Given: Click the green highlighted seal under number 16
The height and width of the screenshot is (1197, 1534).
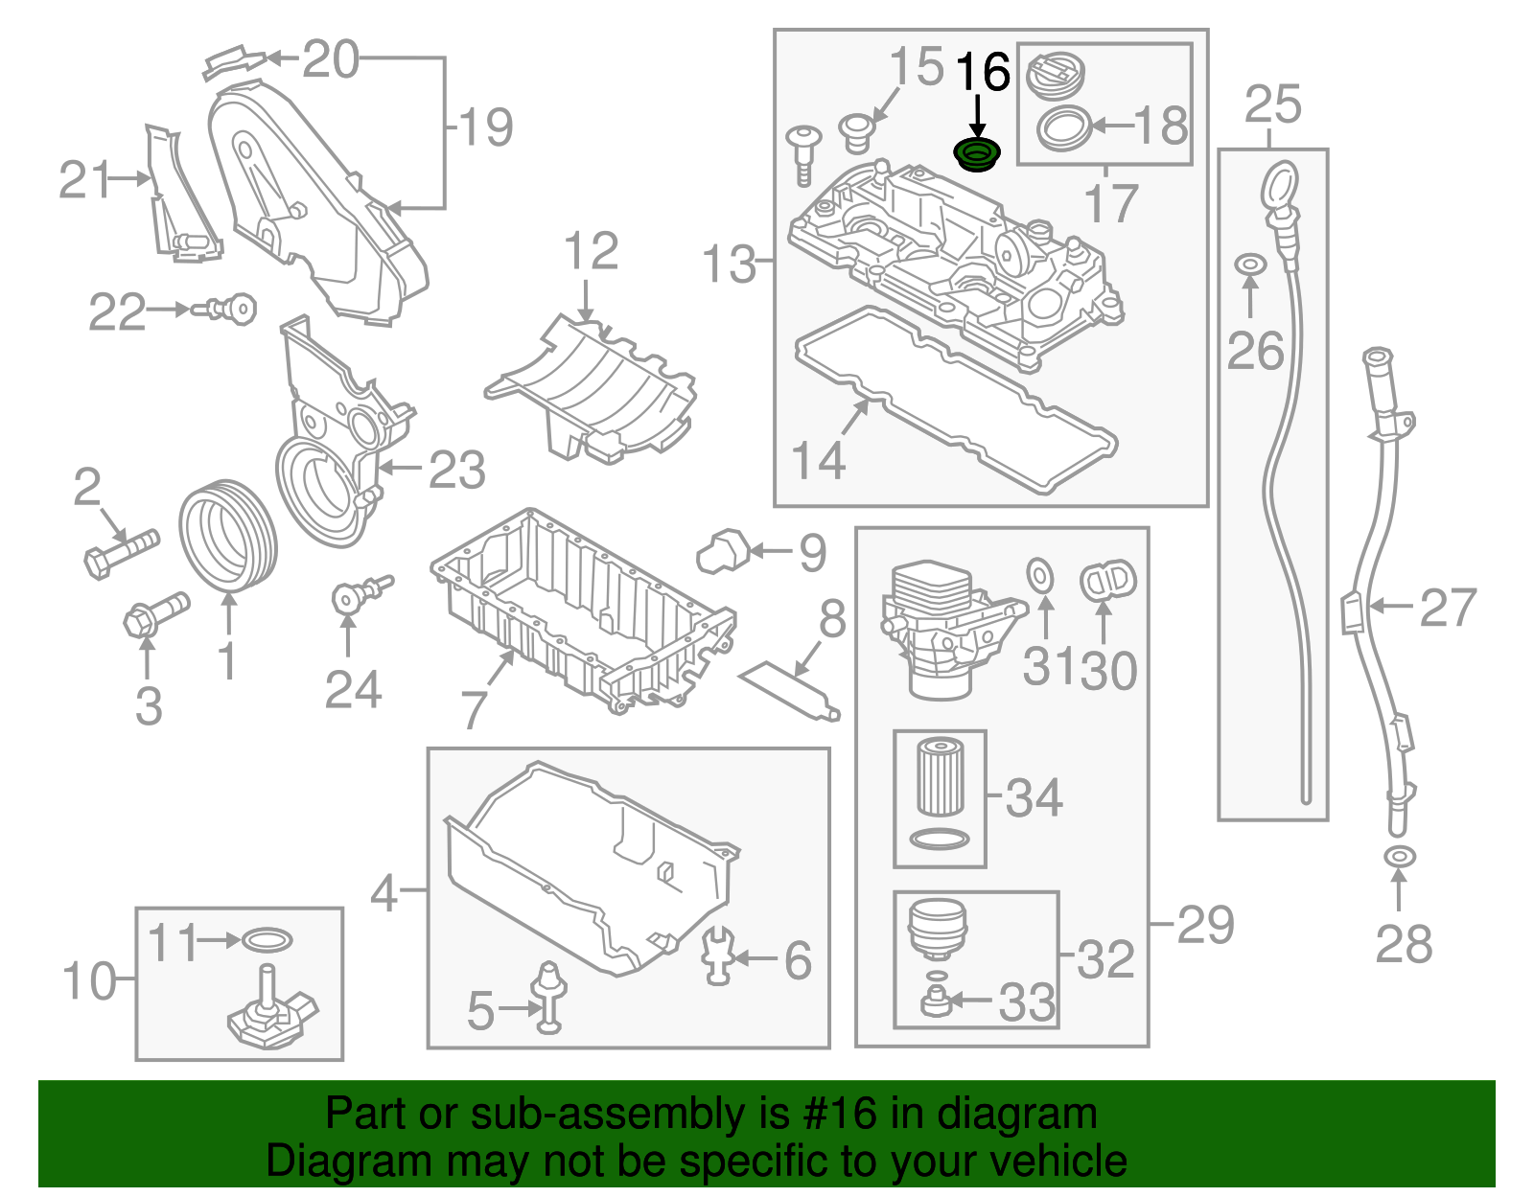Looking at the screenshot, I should tap(977, 154).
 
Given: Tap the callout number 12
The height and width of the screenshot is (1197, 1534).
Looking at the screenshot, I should tap(591, 252).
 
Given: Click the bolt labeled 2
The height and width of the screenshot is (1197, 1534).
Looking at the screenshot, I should tap(119, 552).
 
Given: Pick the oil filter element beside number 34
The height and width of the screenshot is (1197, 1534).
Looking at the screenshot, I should tap(941, 777).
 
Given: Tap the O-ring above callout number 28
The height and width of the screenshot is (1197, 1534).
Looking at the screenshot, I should tap(1399, 856).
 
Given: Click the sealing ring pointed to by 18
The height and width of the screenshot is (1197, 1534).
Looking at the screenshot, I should tap(1064, 127).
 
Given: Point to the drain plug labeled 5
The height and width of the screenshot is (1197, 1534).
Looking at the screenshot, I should tap(549, 997).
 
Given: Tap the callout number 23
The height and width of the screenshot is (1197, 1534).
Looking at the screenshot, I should tap(456, 471).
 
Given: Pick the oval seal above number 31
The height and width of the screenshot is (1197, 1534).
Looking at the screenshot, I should tap(1040, 576).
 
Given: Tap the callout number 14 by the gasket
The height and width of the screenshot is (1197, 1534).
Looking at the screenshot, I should tap(818, 461).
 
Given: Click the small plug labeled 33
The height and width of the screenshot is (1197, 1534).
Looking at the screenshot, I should tap(933, 1002).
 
